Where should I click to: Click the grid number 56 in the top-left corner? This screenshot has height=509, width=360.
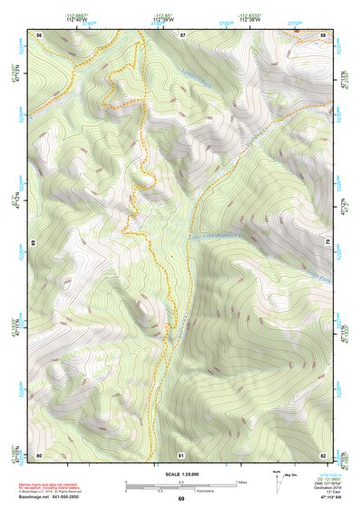39,34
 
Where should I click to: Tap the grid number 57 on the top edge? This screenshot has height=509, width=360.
182,34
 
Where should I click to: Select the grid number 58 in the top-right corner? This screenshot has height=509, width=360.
324,34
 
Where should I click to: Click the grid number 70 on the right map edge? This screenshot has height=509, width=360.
326,243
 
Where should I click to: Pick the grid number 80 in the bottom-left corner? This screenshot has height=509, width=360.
39,454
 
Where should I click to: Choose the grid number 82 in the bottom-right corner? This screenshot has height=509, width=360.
324,454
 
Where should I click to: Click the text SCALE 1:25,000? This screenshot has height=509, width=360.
180,474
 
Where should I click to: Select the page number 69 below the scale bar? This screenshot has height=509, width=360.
180,498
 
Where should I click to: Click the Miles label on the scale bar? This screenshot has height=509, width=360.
240,481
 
